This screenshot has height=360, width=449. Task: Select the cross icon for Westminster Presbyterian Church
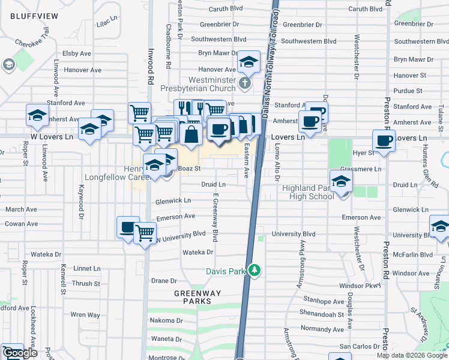tap(244, 82)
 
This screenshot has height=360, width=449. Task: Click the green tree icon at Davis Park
tap(255, 271)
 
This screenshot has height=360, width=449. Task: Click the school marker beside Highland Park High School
tap(341, 181)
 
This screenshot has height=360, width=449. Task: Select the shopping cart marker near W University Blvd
tap(145, 233)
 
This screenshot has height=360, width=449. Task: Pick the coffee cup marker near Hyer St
tap(384, 142)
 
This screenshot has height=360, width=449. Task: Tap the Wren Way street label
tap(85, 314)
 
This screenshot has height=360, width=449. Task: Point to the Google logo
tap(20, 353)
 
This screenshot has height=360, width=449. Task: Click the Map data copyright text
tap(411, 355)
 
